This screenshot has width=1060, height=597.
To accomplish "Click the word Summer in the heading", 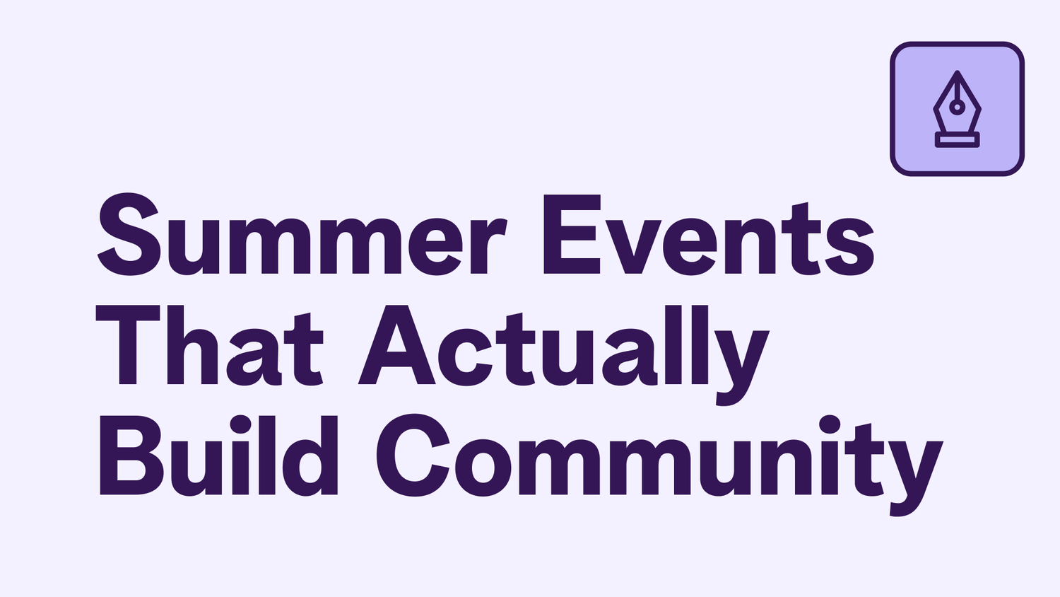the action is pos(302,234).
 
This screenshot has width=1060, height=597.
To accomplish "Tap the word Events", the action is pos(709,235).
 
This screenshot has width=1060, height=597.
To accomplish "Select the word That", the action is pos(210,345).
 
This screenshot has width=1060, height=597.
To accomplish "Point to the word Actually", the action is pos(564,355).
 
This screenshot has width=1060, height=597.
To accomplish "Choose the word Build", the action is pos(218,456).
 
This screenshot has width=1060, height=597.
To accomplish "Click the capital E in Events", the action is pos(572,234).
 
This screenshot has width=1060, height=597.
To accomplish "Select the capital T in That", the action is pos(128,345).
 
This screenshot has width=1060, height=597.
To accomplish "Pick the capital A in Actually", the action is pos(397,345).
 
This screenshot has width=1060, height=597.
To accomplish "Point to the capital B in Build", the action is pos(131,456).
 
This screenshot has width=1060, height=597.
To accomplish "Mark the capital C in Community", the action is pos(413,456).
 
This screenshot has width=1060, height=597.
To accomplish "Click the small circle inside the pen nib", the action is pos(958,108).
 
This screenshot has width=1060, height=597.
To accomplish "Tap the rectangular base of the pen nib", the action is pos(958,140).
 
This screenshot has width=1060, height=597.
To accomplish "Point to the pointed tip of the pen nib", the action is pos(958,72).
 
